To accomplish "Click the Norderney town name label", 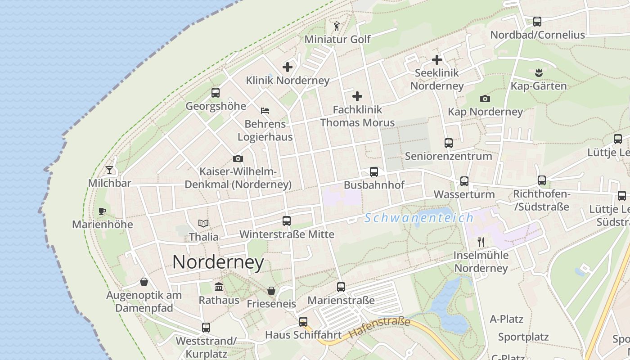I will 218,262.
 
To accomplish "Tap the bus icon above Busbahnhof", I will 374,171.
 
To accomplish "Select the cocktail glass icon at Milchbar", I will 109,170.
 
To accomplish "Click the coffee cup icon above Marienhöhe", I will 102,211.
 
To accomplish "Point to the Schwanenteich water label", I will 419,218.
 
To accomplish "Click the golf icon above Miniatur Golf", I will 337,26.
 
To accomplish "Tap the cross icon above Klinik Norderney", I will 288,67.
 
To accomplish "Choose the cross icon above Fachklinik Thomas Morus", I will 357,96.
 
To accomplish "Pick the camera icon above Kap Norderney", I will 485,99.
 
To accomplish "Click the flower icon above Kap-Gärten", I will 538,72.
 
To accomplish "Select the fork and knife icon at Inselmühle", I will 481,242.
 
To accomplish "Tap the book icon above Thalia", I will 204,223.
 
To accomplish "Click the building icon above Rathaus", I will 219,287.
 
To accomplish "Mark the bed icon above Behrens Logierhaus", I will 265,110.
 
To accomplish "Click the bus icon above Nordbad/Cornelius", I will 537,21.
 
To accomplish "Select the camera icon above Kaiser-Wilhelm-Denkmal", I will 238,158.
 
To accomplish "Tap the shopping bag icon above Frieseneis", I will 271,291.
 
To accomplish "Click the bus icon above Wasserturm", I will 464,181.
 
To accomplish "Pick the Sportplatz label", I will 523,337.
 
